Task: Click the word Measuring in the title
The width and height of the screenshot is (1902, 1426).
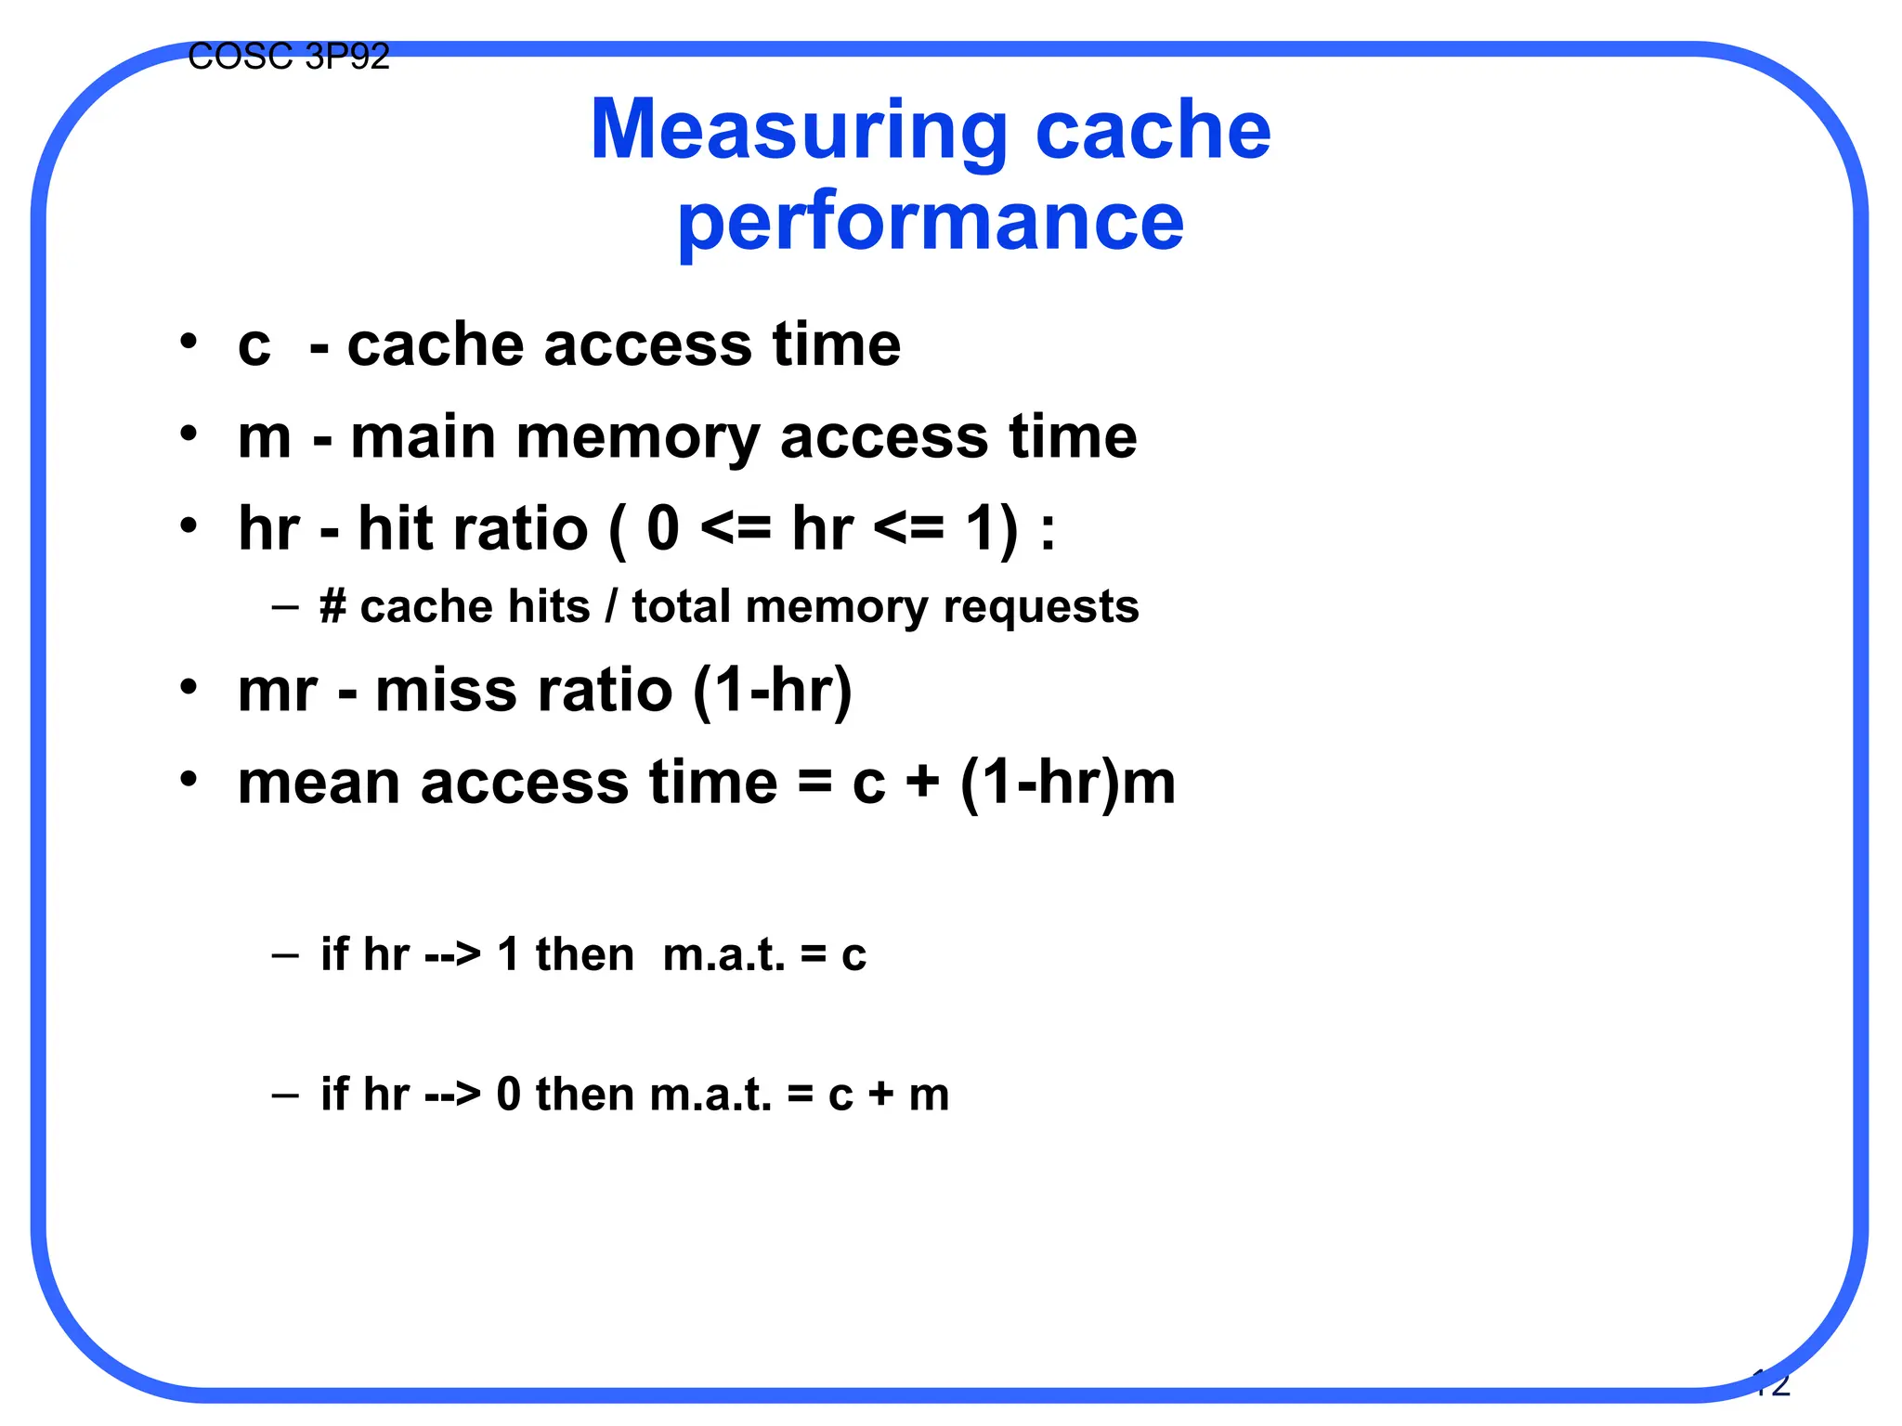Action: pos(799,132)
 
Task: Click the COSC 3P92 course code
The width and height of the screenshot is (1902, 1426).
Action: pos(288,58)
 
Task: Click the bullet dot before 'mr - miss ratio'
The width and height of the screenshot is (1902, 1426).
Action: pos(189,688)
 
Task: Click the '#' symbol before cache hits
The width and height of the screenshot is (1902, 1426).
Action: pos(332,607)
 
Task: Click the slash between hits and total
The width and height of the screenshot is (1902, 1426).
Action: pos(610,607)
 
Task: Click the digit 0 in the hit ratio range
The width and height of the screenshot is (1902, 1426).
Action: pos(663,529)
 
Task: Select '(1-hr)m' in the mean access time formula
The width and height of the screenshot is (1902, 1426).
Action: pos(1067,783)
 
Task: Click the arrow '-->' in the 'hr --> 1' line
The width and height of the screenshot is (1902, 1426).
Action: pos(452,955)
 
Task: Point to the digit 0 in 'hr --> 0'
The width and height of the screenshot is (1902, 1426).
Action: pos(508,1095)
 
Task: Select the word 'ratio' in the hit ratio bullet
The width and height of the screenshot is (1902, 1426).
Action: pos(530,529)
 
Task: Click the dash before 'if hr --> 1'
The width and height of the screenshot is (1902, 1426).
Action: pos(285,955)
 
